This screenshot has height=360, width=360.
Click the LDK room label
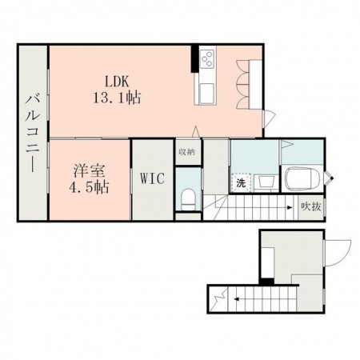pyautogui.click(x=114, y=80)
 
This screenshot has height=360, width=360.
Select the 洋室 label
pyautogui.click(x=89, y=171)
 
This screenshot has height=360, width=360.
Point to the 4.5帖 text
pyautogui.click(x=89, y=188)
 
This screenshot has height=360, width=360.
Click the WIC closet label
pyautogui.click(x=152, y=178)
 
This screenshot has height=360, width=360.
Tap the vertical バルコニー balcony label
pyautogui.click(x=33, y=133)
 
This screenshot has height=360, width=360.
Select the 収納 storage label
pyautogui.click(x=186, y=152)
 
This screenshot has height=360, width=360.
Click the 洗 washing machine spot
pyautogui.click(x=240, y=183)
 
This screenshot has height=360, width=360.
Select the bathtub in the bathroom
pyautogui.click(x=302, y=178)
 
